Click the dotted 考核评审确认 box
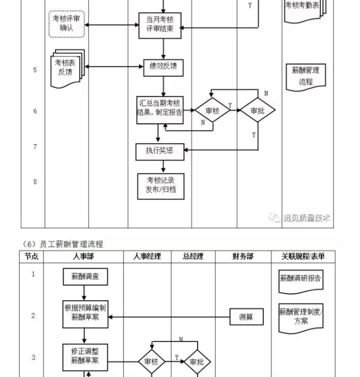click(x=67, y=24)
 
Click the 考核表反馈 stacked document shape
click(x=66, y=68)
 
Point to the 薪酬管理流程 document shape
click(x=306, y=76)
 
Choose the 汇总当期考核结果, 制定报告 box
click(x=160, y=108)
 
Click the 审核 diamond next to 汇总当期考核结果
click(x=212, y=111)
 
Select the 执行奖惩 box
click(x=160, y=151)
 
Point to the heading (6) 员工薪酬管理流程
click(x=64, y=244)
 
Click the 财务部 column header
click(x=242, y=257)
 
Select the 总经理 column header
click(x=193, y=257)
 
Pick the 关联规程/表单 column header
click(x=302, y=257)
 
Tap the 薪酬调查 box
click(x=85, y=277)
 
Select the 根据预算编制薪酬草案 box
click(x=85, y=314)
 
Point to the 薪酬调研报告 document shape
click(x=301, y=279)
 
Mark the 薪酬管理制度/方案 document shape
click(x=301, y=317)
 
